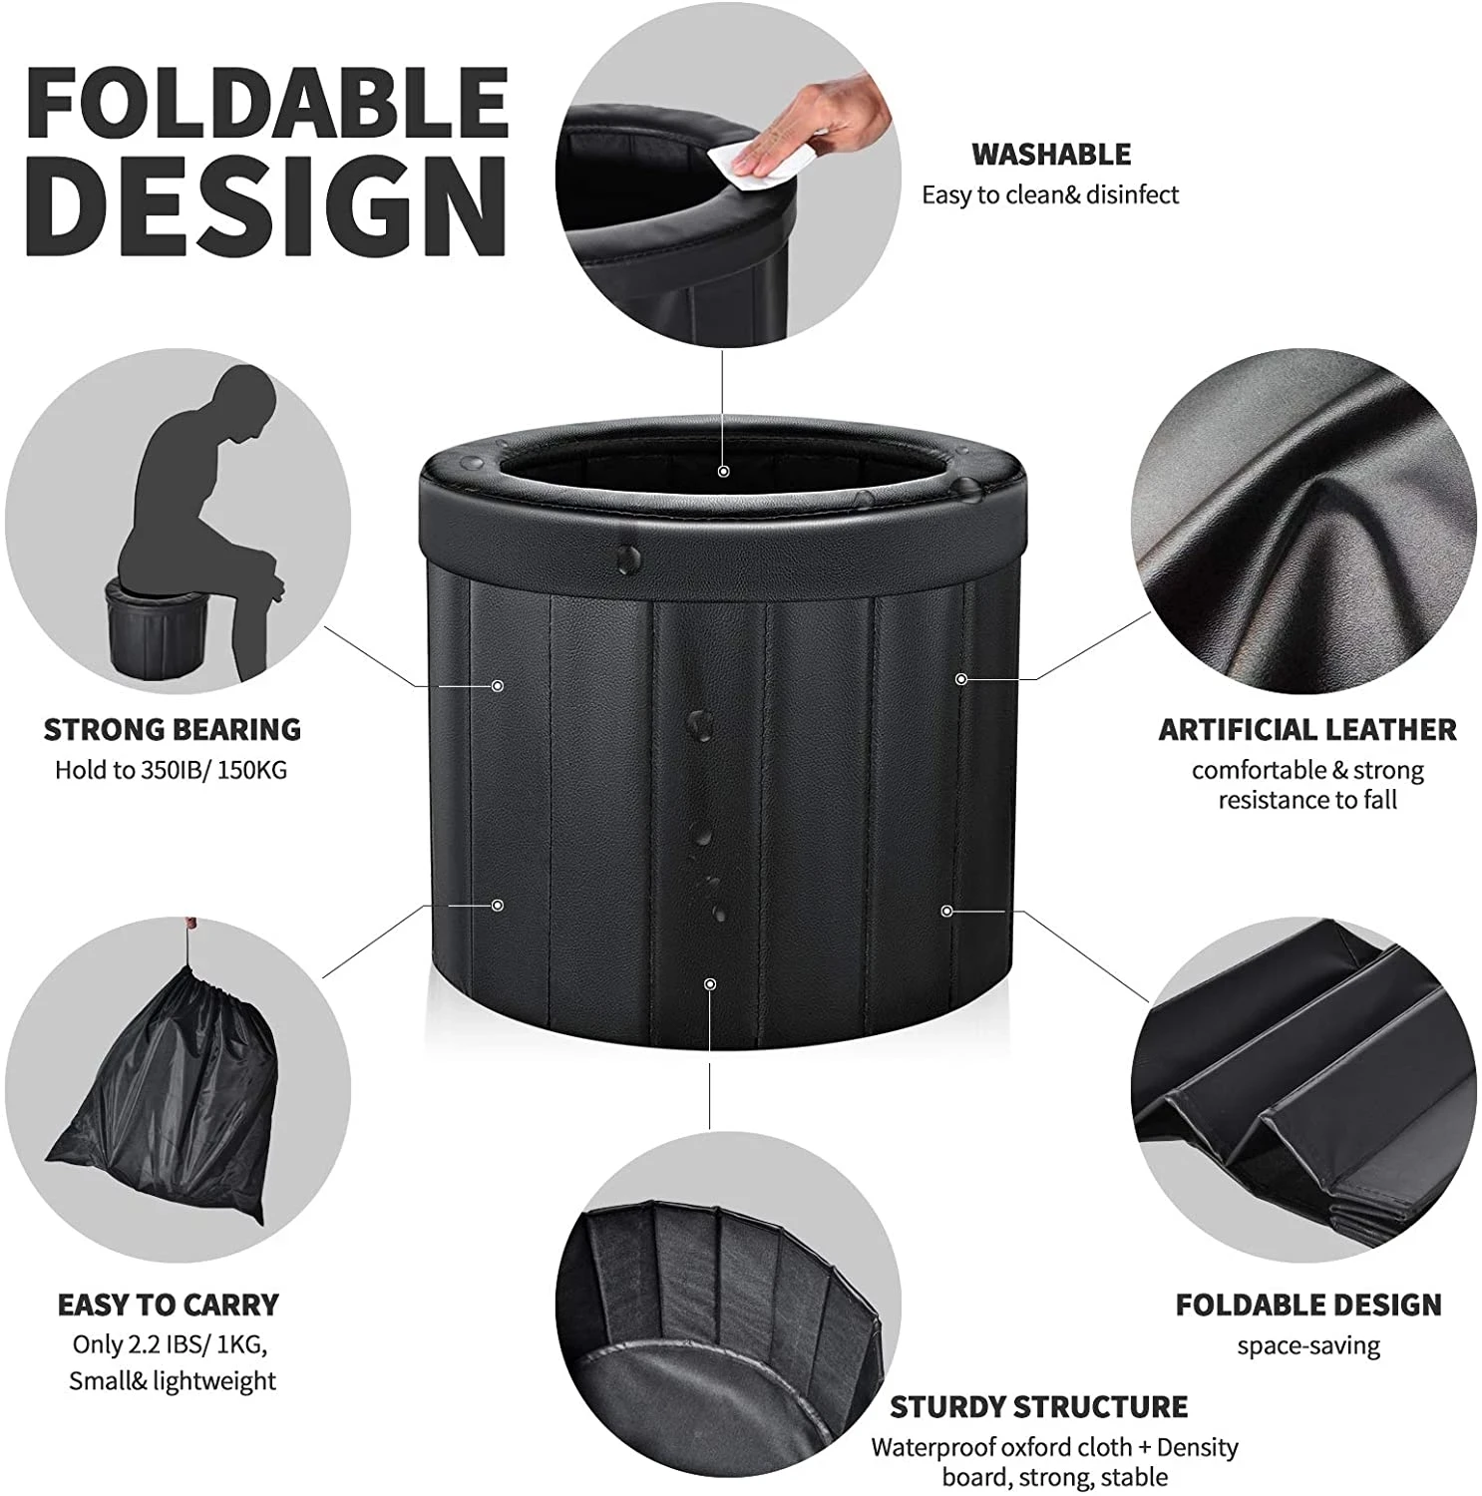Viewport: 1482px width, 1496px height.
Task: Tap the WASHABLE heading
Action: coord(1050,155)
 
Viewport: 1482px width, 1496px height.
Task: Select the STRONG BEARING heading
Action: coord(172,729)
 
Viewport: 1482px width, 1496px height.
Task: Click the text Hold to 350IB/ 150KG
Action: coord(171,770)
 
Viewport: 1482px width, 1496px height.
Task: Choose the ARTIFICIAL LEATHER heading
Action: coord(1306,729)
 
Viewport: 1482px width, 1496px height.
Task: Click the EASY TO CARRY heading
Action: coord(168,1305)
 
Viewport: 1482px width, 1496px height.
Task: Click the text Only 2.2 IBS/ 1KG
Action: coord(168,1343)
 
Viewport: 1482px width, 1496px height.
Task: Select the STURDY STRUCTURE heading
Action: coord(1038,1406)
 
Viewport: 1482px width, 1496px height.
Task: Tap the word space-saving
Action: coord(1308,1345)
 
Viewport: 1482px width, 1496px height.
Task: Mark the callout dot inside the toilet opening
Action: coord(724,471)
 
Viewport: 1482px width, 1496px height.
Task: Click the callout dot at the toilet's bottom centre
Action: coord(709,983)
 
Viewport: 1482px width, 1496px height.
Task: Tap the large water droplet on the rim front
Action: coord(630,561)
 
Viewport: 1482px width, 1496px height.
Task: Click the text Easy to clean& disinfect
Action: coord(1049,194)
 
